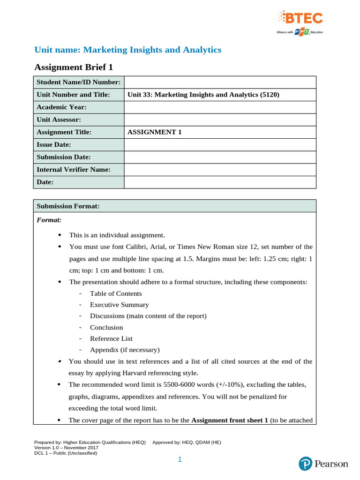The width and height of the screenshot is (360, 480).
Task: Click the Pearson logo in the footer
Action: tap(323, 464)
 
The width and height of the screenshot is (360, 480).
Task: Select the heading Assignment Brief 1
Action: tap(74, 67)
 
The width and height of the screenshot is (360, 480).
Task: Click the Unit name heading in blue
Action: tap(128, 50)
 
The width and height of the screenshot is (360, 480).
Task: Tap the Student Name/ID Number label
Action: tap(79, 82)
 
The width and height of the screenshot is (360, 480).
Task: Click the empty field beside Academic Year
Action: tap(220, 107)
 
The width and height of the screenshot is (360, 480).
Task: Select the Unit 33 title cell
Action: tap(203, 95)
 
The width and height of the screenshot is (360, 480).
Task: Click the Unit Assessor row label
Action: tap(59, 120)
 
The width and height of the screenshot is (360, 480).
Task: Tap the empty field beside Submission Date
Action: tap(220, 157)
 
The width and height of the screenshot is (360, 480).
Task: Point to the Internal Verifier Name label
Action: tap(74, 169)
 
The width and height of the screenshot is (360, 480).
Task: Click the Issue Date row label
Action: tap(54, 144)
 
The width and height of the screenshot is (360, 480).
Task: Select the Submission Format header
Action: tap(68, 206)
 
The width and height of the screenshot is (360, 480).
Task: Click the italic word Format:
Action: tap(49, 219)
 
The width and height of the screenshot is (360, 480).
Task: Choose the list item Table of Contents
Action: tap(116, 293)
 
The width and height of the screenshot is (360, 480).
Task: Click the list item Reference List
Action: tap(111, 338)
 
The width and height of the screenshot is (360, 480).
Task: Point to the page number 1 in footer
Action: tap(180, 460)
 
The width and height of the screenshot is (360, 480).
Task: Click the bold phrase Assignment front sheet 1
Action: tap(230, 420)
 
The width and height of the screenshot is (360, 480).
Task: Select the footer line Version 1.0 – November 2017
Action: tap(63, 448)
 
